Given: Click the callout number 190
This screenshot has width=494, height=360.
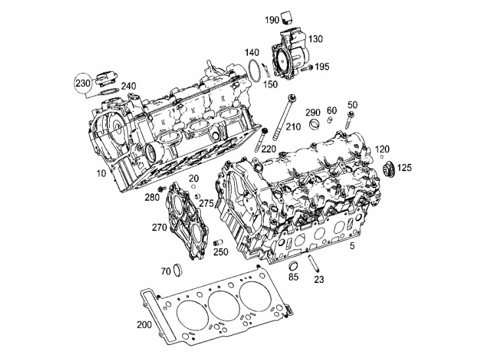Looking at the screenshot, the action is pos(272,20).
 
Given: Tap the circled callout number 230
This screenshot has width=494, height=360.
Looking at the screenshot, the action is pos(83,84).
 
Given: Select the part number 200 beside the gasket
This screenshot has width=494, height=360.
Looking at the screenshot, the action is pos(144,324).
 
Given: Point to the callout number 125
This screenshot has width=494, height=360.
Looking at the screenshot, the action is pos(404,168).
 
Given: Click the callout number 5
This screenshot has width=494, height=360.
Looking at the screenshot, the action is pos(352,246).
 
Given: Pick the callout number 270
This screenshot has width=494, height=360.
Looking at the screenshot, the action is pos(159,227).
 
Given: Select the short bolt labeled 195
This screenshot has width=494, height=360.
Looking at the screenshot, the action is pos(307,68).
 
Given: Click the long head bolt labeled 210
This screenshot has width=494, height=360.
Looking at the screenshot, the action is pos(284,117).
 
